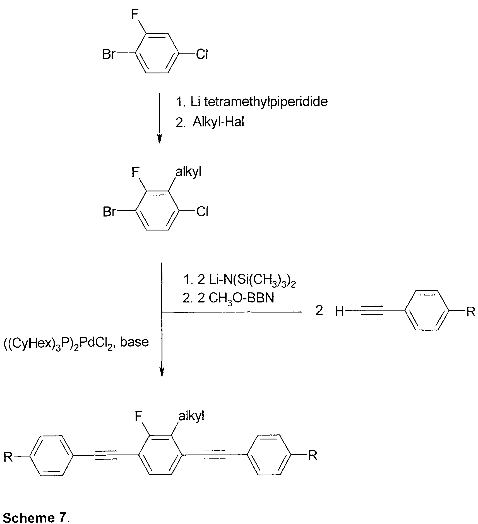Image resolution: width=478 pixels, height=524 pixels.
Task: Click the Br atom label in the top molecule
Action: (x=108, y=54)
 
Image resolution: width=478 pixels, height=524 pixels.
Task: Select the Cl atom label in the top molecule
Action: (x=202, y=54)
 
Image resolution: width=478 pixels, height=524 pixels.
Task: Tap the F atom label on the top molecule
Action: (x=135, y=15)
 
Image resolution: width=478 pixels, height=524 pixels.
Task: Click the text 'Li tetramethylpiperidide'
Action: (x=259, y=102)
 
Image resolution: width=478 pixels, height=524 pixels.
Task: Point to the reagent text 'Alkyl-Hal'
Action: (x=218, y=122)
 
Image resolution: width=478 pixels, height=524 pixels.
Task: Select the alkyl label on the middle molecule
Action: (x=188, y=172)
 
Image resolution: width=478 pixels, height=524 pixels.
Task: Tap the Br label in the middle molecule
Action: (x=109, y=212)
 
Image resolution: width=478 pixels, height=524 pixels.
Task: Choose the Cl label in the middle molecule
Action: (x=203, y=212)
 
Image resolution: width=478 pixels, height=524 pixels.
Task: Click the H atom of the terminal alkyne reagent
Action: (x=340, y=312)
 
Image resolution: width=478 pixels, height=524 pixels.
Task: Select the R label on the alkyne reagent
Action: (x=471, y=311)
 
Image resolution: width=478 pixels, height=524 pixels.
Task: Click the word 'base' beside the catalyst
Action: (x=134, y=342)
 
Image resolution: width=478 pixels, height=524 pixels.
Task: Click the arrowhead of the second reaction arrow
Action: (x=162, y=372)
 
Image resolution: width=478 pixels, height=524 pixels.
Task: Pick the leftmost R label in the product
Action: (x=8, y=457)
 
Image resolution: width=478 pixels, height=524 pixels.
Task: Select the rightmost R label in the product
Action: (x=313, y=456)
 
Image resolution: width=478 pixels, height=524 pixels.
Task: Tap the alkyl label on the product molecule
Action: (x=191, y=416)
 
